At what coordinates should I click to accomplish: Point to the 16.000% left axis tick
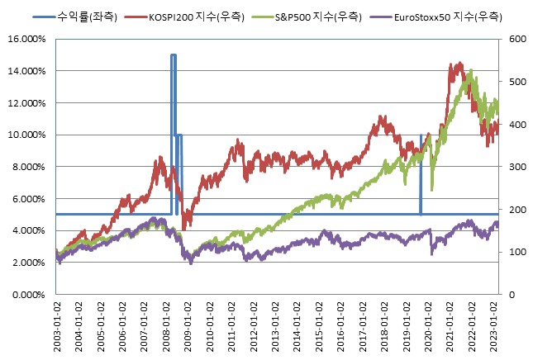pyautogui.click(x=27, y=39)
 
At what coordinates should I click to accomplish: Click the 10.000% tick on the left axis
pyautogui.click(x=27, y=135)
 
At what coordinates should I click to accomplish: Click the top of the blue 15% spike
pyautogui.click(x=174, y=55)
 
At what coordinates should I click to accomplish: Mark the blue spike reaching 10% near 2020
pyautogui.click(x=421, y=135)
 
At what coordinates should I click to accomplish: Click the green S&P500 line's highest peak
pyautogui.click(x=470, y=72)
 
